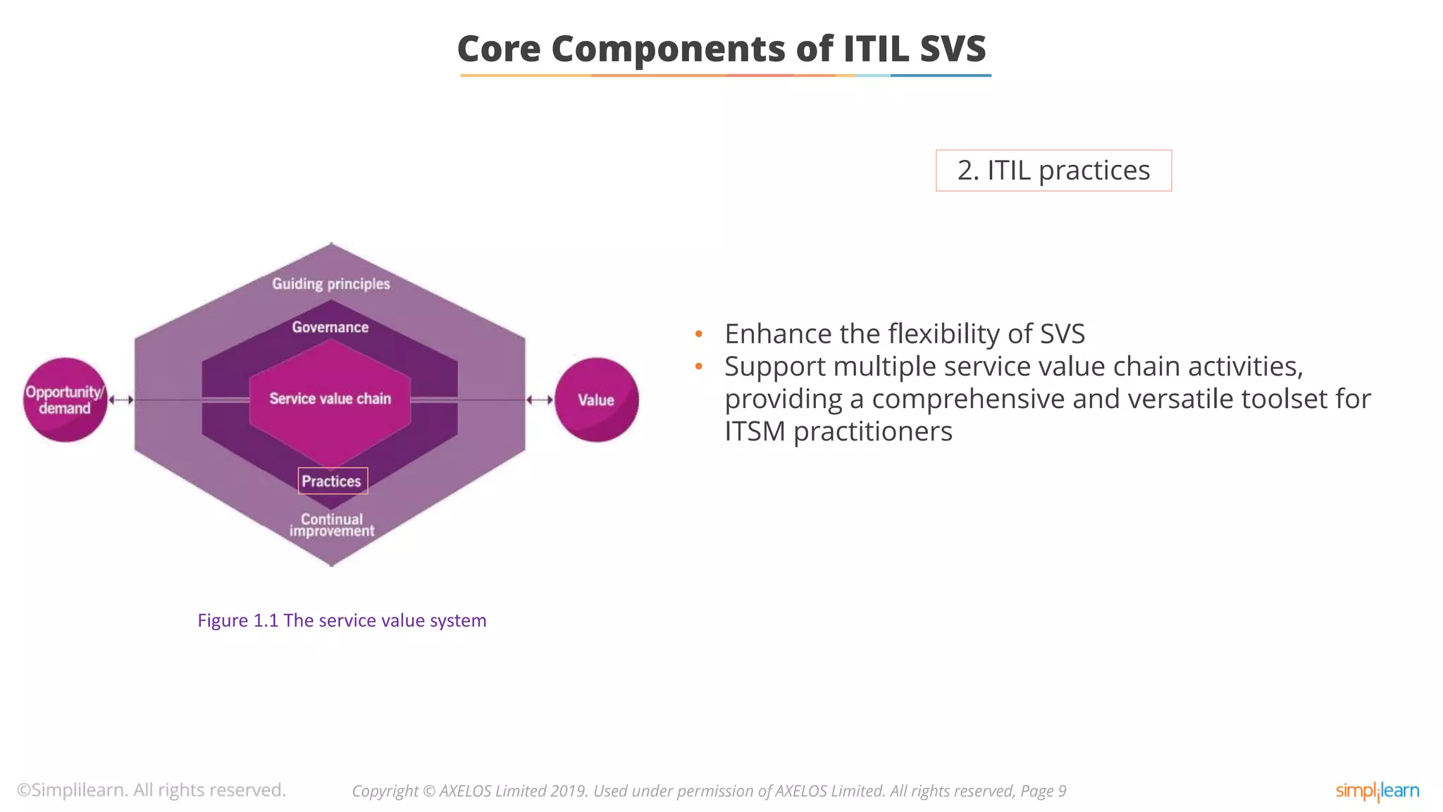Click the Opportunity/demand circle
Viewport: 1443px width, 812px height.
(65, 400)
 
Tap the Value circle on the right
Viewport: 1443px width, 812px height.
(596, 400)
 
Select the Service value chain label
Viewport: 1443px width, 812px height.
(330, 399)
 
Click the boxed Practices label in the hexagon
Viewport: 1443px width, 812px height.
(332, 481)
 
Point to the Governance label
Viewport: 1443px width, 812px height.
(330, 327)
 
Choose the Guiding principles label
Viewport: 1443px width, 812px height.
(330, 283)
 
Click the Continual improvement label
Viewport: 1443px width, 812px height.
(331, 525)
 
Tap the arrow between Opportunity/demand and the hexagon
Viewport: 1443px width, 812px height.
(121, 400)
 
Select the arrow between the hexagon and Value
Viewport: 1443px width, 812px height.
(540, 400)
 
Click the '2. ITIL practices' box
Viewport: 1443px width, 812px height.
(1053, 171)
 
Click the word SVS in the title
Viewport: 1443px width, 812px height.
(952, 49)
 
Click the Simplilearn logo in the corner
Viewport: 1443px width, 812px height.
(1377, 791)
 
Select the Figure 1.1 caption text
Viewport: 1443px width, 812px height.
(342, 620)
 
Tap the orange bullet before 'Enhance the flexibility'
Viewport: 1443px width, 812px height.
(698, 334)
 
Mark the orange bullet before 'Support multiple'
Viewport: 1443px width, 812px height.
(698, 367)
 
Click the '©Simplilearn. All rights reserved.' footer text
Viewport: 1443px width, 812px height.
(151, 790)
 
